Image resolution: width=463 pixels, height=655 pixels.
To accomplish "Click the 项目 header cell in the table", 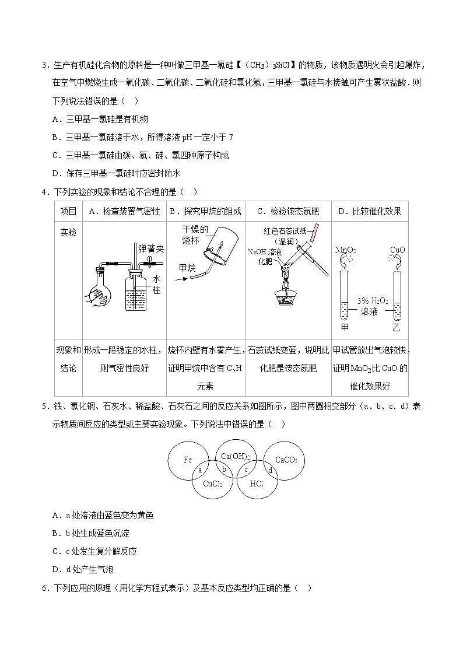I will tap(69, 211).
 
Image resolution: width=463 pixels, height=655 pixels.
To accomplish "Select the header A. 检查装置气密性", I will tap(124, 211).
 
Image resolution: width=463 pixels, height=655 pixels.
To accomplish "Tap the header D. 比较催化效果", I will tap(370, 211).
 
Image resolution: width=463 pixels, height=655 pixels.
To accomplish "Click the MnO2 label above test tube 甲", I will tap(346, 250).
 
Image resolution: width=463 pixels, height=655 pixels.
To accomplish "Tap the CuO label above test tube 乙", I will tap(398, 250).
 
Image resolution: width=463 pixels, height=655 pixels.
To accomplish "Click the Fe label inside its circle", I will tap(188, 460).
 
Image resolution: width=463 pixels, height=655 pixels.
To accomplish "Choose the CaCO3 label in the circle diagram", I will tap(286, 460).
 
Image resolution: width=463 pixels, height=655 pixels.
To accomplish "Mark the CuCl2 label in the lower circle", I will tap(212, 484).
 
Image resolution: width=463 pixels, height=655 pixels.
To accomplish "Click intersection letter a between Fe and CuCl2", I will tap(200, 470).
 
